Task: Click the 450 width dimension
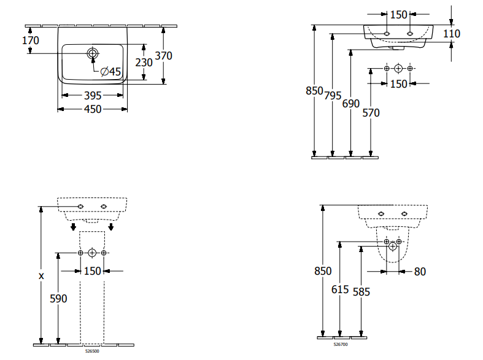(93, 109)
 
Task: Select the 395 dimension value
(93, 95)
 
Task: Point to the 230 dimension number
(144, 62)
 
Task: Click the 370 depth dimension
(163, 55)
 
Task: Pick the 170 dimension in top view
(30, 40)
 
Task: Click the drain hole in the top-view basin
(93, 53)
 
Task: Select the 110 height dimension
(452, 34)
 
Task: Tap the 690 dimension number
(350, 104)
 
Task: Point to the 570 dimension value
(371, 112)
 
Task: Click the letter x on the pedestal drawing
(41, 276)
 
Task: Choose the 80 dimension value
(420, 271)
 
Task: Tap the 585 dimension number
(361, 292)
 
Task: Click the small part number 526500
(92, 351)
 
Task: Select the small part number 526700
(339, 345)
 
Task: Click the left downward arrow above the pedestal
(74, 227)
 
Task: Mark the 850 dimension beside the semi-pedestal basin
(322, 271)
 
